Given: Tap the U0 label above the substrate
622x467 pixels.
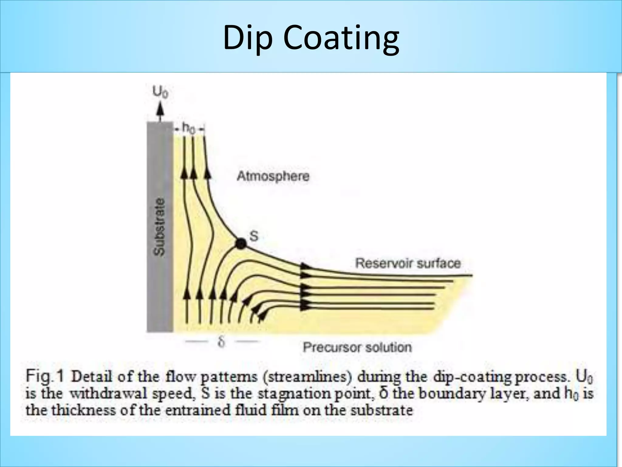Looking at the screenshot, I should click(160, 92).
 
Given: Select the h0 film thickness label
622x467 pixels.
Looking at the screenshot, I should click(189, 128).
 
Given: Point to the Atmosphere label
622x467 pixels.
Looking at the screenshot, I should click(273, 176).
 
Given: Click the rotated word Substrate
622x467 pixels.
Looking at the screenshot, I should click(159, 227).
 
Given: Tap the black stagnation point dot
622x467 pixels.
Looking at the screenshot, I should click(241, 243).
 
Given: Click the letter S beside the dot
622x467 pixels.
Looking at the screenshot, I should click(254, 236).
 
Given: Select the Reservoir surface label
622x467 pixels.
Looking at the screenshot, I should click(408, 263).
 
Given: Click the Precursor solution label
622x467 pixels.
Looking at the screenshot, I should click(357, 347).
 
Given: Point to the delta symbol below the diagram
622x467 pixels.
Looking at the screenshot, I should click(221, 342).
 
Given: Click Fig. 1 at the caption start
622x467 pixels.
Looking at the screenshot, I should click(45, 377).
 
